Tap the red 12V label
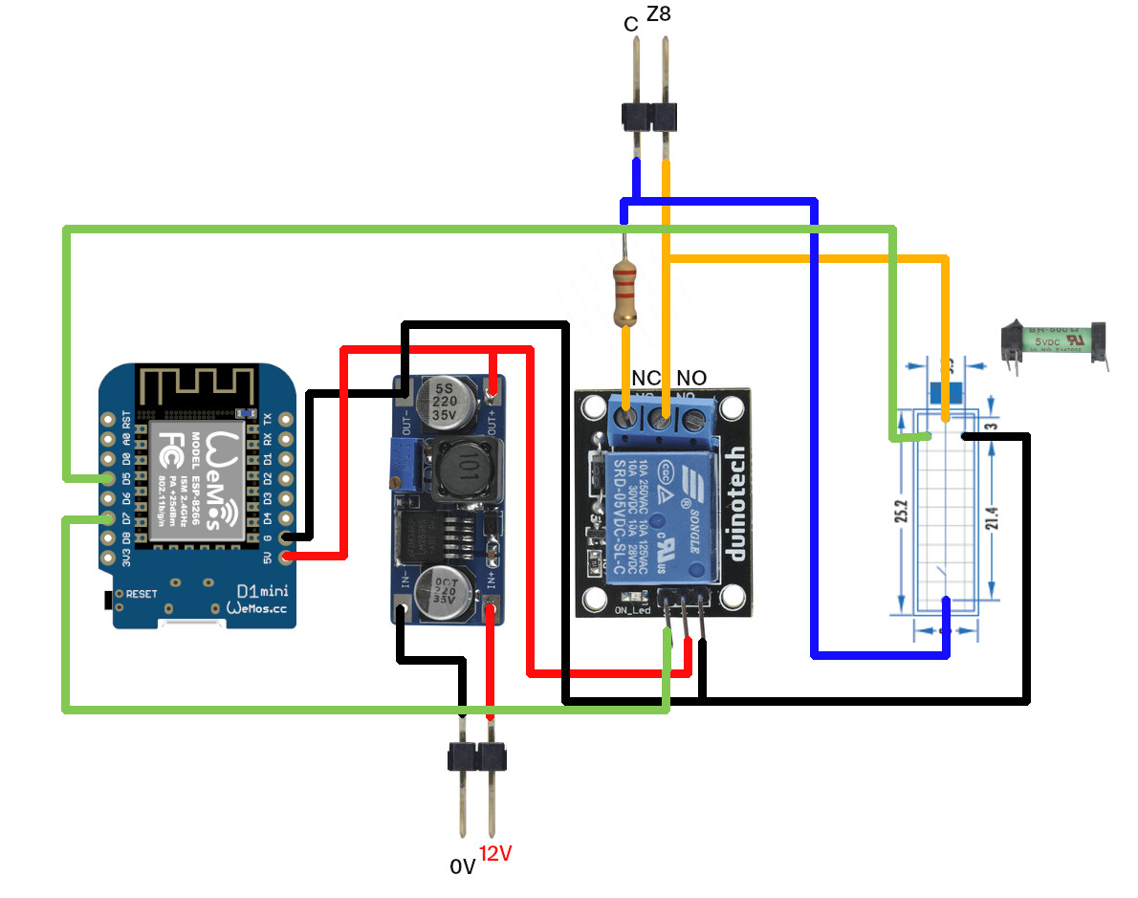494,854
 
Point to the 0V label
462,866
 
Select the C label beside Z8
630,24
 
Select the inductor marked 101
468,471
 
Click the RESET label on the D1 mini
141,594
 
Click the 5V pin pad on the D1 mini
284,556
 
